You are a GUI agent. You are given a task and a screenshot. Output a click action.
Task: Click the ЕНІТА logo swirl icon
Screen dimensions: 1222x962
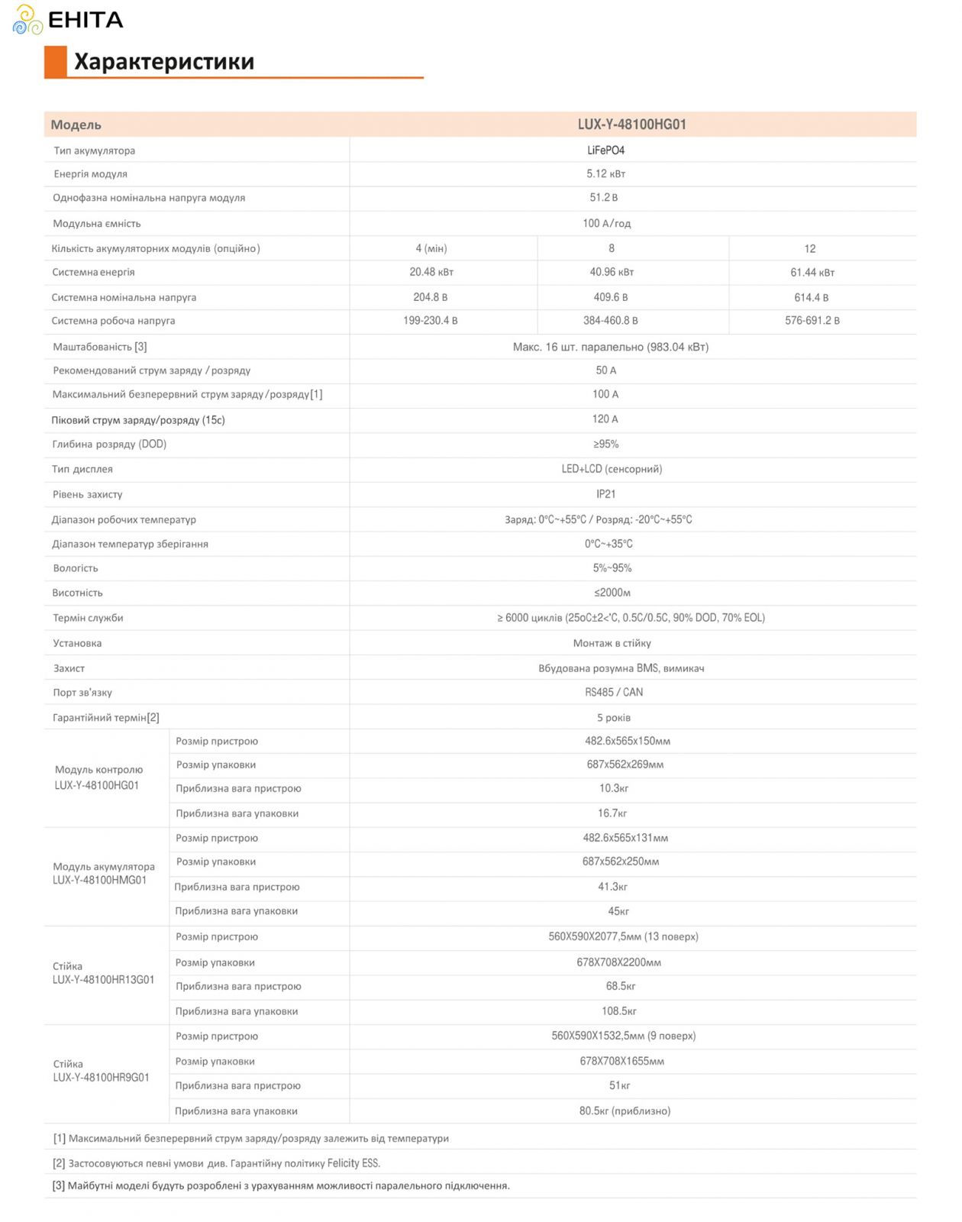click(x=27, y=20)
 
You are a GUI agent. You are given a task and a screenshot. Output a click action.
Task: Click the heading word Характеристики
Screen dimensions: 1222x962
click(x=163, y=61)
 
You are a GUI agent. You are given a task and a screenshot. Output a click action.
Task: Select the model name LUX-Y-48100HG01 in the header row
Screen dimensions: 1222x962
click(x=631, y=124)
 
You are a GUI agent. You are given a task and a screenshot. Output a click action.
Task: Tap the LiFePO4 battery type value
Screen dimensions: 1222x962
click(x=605, y=150)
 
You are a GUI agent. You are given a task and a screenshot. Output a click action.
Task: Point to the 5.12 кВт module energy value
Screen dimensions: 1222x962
click(x=605, y=174)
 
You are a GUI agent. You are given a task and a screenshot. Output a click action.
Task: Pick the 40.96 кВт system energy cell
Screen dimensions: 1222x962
click(x=612, y=272)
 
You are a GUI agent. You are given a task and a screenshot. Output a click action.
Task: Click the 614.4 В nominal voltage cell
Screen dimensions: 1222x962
click(x=811, y=297)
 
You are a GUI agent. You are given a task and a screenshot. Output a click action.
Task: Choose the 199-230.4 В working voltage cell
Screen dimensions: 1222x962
click(x=431, y=321)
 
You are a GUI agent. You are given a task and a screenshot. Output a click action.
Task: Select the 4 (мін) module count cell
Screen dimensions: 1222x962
click(x=431, y=248)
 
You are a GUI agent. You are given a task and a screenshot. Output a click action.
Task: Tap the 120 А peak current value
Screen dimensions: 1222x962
click(x=605, y=419)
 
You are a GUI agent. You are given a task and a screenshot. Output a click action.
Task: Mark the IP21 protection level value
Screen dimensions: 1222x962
click(x=605, y=494)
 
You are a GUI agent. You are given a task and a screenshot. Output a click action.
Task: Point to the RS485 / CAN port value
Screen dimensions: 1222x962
click(x=614, y=692)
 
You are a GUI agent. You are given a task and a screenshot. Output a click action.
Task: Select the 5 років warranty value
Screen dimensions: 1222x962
click(x=614, y=717)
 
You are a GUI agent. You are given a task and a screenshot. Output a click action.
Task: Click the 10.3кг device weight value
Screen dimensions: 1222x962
click(x=614, y=788)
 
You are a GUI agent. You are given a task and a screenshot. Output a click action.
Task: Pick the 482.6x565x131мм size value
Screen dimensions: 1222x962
click(x=625, y=838)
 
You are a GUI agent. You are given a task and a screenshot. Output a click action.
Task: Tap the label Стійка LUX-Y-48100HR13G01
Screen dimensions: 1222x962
click(x=103, y=973)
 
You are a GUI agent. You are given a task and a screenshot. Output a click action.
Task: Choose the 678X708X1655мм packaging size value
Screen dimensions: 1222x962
click(x=621, y=1061)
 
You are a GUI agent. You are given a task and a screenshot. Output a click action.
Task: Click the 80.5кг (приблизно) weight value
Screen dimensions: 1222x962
click(x=625, y=1110)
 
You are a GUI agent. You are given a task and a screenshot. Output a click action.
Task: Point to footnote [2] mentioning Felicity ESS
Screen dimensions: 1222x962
click(x=217, y=1163)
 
